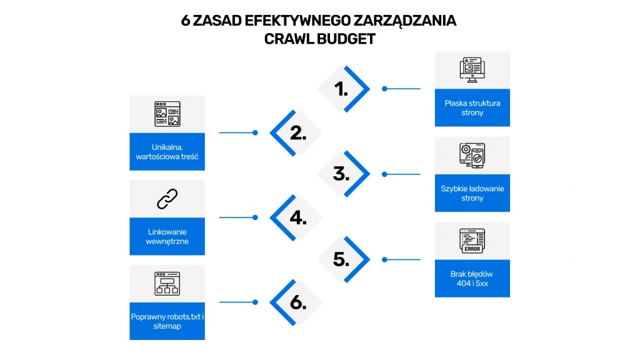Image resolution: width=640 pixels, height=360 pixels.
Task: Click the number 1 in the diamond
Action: pos(341,89)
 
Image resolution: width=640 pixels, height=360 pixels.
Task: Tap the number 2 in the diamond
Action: pos(298,133)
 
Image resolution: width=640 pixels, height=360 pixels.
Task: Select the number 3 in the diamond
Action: pos(341,174)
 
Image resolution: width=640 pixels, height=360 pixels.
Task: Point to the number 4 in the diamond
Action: pos(298,218)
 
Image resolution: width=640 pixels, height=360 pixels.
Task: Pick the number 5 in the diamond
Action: pos(341,259)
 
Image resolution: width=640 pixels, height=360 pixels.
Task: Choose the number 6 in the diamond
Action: pos(298,302)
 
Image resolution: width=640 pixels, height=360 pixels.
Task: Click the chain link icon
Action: pos(167,199)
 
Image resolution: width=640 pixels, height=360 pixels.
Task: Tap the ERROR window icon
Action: pos(472,241)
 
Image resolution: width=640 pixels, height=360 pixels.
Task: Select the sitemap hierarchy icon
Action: pos(167,284)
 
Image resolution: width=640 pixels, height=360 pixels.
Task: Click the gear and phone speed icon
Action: pos(472,156)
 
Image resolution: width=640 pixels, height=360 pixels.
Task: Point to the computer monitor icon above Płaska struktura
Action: pos(472,70)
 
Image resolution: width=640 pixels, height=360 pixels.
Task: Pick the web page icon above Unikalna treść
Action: pos(167,114)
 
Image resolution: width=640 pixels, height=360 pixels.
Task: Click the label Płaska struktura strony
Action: pos(472,107)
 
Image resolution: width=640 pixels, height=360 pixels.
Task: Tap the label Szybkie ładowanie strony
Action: pos(472,193)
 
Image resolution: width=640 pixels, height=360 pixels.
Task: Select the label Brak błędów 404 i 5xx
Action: pos(472,278)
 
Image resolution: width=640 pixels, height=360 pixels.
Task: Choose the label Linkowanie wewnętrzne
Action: pos(167,236)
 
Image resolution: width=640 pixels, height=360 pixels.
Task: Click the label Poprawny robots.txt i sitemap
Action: pos(167,321)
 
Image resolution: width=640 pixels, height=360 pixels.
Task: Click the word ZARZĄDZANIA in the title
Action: pos(405,21)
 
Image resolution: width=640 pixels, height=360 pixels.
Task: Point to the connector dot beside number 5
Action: pos(384,259)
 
